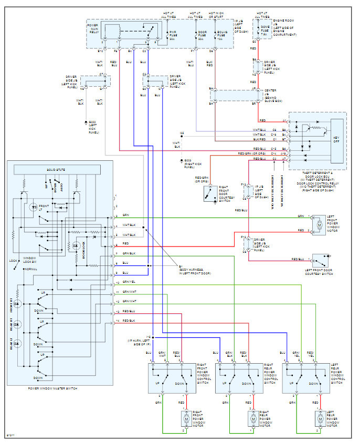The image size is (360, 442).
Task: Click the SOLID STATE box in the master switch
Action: pyautogui.click(x=56, y=169)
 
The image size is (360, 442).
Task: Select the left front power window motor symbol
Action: pyautogui.click(x=319, y=224)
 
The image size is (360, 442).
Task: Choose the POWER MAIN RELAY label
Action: pyautogui.click(x=92, y=28)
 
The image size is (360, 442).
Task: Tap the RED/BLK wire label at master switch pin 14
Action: pyautogui.click(x=128, y=320)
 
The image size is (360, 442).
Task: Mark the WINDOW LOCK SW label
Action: pyautogui.click(x=29, y=261)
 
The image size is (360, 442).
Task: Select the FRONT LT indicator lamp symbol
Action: pyautogui.click(x=33, y=206)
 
